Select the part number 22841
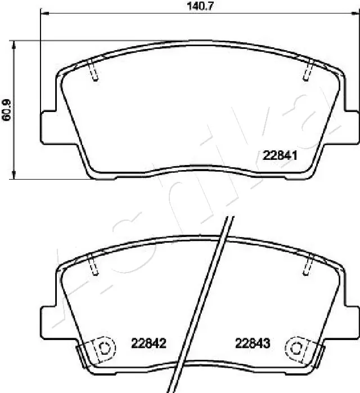point(281,156)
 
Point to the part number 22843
point(253,342)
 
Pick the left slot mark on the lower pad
point(93,265)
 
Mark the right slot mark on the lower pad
point(308,265)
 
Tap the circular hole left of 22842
point(103,347)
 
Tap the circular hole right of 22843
point(295,347)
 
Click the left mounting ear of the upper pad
point(48,127)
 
